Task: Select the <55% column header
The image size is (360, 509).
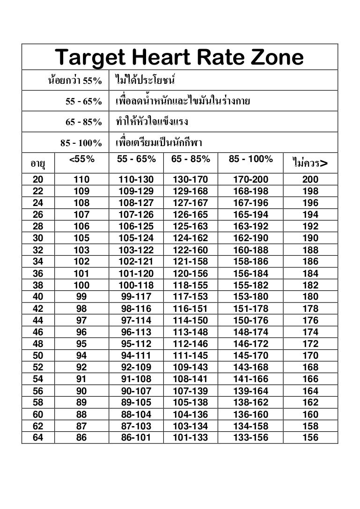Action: pyautogui.click(x=81, y=159)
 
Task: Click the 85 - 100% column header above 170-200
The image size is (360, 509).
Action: pyautogui.click(x=250, y=159)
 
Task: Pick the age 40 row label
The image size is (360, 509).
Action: pyautogui.click(x=38, y=297)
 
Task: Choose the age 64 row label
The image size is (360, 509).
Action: pyautogui.click(x=38, y=438)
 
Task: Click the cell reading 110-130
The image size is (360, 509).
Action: pyautogui.click(x=136, y=179)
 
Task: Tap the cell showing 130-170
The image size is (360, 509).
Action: pyautogui.click(x=190, y=179)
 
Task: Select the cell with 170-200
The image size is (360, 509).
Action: pyautogui.click(x=250, y=179)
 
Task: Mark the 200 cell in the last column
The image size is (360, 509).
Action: pyautogui.click(x=310, y=179)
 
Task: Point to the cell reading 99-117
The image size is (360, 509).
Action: pyautogui.click(x=136, y=297)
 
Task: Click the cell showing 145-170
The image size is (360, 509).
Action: pyautogui.click(x=250, y=355)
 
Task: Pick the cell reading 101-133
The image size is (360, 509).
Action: pyautogui.click(x=190, y=438)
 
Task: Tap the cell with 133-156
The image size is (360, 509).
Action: pyautogui.click(x=250, y=438)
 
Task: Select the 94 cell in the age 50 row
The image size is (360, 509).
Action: pyautogui.click(x=81, y=355)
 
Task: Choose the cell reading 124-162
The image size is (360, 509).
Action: pyautogui.click(x=190, y=238)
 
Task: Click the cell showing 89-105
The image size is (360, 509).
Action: pyautogui.click(x=136, y=403)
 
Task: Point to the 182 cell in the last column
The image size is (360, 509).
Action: pyautogui.click(x=310, y=285)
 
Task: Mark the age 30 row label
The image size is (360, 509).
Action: pyautogui.click(x=38, y=238)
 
